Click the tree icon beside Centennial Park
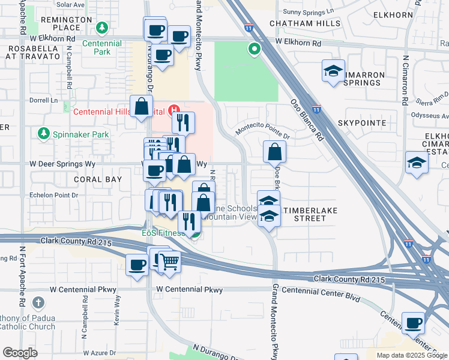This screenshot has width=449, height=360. click(103, 28)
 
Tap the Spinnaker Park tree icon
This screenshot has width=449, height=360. click(43, 133)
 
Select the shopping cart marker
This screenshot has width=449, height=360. click(169, 261)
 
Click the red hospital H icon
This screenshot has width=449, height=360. click(175, 110)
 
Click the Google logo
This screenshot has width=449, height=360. click(20, 353)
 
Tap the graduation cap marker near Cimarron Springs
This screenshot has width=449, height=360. click(333, 71)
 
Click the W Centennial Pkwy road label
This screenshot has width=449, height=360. click(189, 290)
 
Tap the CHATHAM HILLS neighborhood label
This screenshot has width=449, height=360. click(305, 23)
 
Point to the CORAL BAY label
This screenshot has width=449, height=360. click(98, 179)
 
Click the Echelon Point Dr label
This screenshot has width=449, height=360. click(54, 195)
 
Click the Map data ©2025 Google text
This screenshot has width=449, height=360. click(412, 355)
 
